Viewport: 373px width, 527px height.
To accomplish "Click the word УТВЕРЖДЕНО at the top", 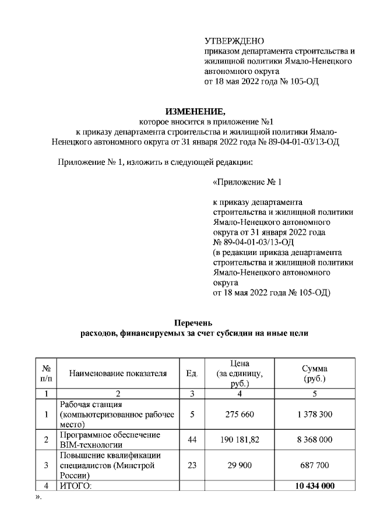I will [234, 41].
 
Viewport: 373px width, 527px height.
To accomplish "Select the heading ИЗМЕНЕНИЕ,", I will [195, 112].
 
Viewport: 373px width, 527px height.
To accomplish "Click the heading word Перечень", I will [194, 323].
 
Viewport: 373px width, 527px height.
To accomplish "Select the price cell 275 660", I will [240, 414].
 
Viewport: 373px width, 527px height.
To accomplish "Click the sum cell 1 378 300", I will [314, 414].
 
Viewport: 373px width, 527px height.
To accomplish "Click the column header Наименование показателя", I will [118, 373].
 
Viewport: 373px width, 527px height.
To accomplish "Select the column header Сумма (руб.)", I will [314, 373].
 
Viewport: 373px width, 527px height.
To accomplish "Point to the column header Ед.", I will [192, 373].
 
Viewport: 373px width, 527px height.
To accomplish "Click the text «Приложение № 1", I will [247, 182].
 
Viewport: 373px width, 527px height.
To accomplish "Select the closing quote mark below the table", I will [38, 497].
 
